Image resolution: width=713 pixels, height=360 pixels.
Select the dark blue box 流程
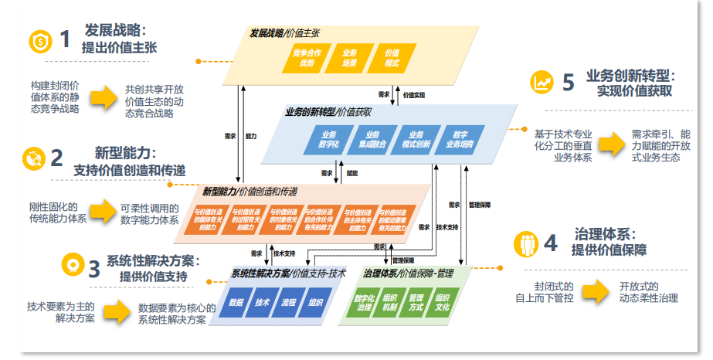tap(289, 303)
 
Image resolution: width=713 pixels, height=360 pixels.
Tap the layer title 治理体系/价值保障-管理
tap(406, 273)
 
